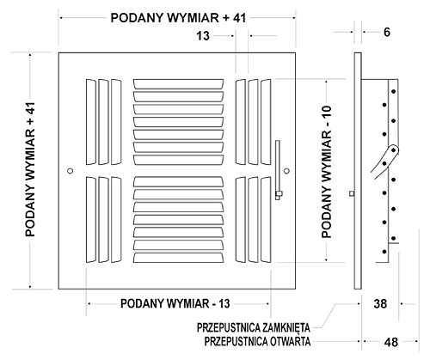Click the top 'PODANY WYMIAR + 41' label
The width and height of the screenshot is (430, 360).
[x=178, y=18]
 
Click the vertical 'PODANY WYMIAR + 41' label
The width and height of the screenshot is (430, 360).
[x=30, y=169]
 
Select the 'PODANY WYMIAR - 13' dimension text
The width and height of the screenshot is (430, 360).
[x=175, y=303]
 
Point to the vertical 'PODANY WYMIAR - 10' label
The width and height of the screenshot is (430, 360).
[x=327, y=172]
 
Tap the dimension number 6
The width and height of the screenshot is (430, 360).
[x=387, y=32]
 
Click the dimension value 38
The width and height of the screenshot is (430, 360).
[x=380, y=303]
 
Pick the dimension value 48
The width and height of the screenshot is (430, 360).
[x=391, y=342]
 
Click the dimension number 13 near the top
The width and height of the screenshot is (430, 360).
[x=203, y=36]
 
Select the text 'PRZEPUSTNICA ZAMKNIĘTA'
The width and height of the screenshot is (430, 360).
[x=254, y=327]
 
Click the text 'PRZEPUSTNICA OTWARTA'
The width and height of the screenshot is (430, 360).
[x=257, y=341]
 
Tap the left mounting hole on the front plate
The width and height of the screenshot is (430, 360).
[x=70, y=171]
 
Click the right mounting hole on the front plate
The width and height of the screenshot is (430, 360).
[x=286, y=171]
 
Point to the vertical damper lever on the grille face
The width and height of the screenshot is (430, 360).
[x=278, y=170]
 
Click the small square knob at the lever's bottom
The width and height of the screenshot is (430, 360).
[x=279, y=194]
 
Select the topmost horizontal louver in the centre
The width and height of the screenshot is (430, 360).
[x=178, y=84]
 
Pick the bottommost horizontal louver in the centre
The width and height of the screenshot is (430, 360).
[x=178, y=258]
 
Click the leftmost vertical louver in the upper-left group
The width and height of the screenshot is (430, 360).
[x=91, y=122]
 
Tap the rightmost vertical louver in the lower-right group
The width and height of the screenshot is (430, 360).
[x=266, y=220]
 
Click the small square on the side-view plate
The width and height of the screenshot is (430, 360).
[x=352, y=193]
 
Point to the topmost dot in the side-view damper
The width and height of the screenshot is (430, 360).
[x=394, y=92]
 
